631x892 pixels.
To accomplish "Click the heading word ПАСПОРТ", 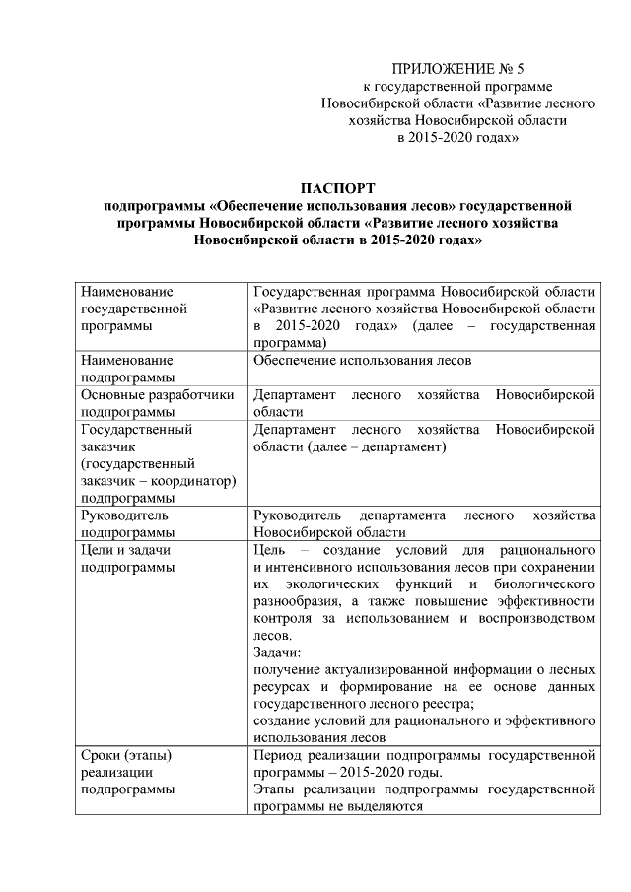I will (338, 187).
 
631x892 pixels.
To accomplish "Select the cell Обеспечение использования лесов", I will (363, 360).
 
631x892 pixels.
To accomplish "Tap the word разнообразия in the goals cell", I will (299, 600).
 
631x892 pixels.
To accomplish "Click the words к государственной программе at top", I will (458, 87).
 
